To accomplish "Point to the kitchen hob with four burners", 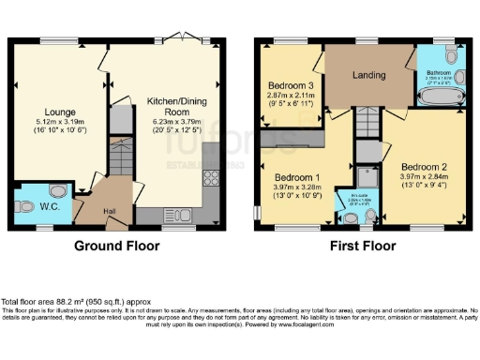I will (x=211, y=175).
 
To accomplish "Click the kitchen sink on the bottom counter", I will (x=175, y=214).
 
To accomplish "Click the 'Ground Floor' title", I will (x=116, y=247).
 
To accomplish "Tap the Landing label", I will (x=369, y=75).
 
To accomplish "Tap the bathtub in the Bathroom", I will (x=439, y=96).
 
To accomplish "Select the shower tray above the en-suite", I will (x=367, y=175).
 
